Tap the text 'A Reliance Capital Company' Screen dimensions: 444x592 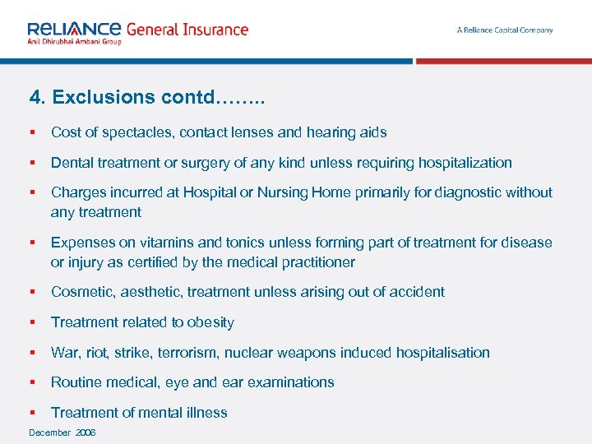coord(505,30)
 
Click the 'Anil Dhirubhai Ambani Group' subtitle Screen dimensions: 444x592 coord(74,41)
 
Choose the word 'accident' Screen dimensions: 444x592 coord(418,292)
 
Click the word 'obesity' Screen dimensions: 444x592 coord(210,322)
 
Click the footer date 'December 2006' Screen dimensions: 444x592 coord(62,432)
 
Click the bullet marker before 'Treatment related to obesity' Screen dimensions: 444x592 coord(32,322)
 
